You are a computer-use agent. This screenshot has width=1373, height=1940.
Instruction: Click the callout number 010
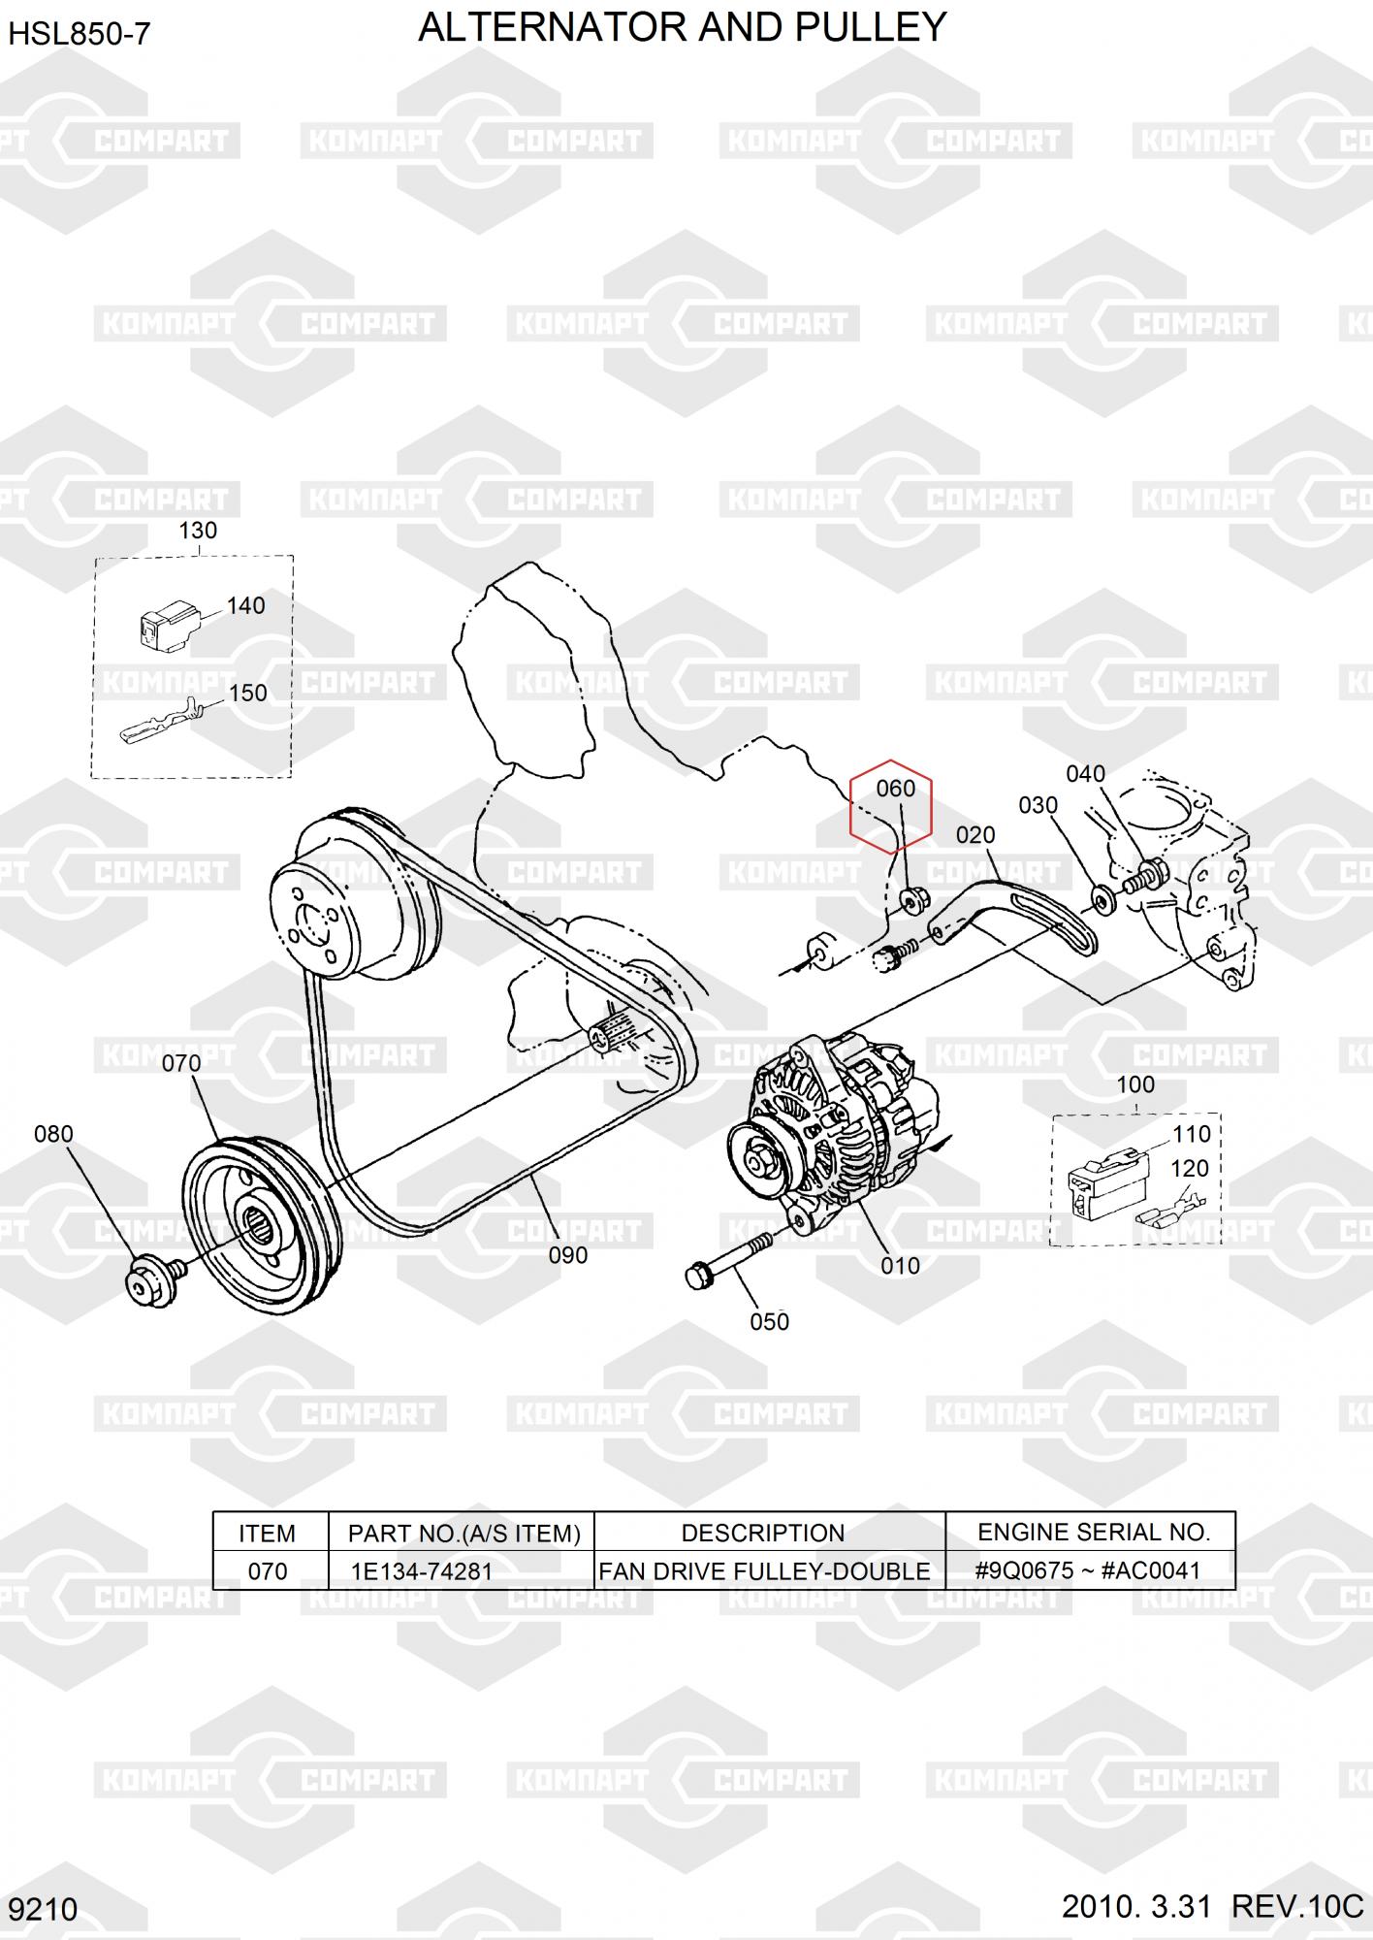(900, 1266)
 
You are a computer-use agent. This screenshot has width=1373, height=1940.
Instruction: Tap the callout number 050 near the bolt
(769, 1321)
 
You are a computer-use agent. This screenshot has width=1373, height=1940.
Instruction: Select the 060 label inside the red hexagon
(895, 789)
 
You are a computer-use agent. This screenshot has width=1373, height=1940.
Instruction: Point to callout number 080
(53, 1134)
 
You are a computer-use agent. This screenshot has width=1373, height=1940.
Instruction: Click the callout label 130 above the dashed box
(198, 531)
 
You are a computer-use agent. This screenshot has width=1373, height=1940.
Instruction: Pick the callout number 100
(1135, 1084)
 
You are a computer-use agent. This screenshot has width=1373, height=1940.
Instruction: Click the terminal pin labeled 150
(160, 722)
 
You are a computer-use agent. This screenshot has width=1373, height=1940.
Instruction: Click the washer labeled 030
(1102, 898)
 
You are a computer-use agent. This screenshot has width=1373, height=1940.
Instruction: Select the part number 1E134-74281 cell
(421, 1570)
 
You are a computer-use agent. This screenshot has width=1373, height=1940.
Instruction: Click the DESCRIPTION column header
(762, 1533)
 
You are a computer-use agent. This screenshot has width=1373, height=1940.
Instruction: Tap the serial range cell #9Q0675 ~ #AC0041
(1087, 1570)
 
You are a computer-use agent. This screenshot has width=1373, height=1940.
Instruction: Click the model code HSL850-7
(80, 35)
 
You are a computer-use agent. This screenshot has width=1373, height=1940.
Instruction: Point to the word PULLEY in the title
(871, 27)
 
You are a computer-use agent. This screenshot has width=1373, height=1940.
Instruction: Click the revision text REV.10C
(1296, 1907)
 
